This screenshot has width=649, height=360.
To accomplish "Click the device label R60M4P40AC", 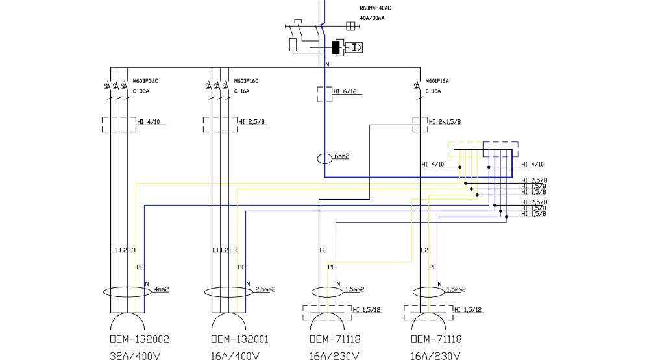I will [375, 8].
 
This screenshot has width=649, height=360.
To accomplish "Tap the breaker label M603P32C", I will [145, 81].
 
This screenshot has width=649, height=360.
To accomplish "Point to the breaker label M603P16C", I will [247, 81].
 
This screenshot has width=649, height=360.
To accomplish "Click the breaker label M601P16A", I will [438, 81].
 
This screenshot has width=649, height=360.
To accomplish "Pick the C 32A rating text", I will [141, 91].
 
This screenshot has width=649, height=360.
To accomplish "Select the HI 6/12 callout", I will [345, 92].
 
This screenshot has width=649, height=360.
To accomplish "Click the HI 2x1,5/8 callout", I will [445, 121].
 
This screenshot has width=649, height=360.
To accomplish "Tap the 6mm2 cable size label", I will [342, 156].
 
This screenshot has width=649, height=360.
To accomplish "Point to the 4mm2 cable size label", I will [161, 289].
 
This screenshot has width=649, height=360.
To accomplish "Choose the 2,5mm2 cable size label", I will [265, 289].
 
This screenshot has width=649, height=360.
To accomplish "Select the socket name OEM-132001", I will [240, 339].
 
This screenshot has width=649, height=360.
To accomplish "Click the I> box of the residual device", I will [354, 47].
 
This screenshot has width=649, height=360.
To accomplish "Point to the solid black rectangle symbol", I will [337, 47].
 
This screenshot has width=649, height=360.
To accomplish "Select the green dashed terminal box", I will [465, 149].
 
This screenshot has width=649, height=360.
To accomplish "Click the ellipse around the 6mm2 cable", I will [324, 159].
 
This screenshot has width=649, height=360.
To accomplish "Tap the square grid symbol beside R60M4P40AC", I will [350, 26].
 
